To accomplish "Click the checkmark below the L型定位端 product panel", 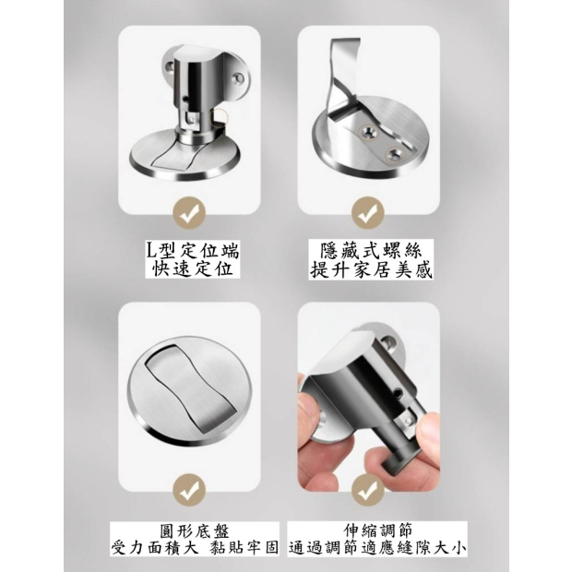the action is (189, 213).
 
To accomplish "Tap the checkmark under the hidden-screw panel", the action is (368, 213).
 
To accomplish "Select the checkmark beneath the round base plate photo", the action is (189, 490).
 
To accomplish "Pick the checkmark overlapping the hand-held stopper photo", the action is (368, 490).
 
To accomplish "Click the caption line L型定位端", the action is (192, 251).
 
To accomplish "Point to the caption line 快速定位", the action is (192, 269).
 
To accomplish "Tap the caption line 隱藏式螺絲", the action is (371, 251).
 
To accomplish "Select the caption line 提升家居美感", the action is (371, 270).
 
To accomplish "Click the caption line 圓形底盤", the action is (195, 531).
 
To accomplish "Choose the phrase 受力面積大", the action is (155, 548).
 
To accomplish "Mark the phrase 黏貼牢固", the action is (244, 548).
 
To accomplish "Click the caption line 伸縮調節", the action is (377, 530).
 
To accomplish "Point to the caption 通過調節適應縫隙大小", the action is (377, 548).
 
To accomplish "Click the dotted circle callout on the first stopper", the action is (220, 117).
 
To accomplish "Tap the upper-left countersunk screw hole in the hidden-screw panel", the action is (368, 133).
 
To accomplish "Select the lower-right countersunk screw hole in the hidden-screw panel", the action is (395, 154).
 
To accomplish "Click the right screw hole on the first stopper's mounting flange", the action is (238, 77).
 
